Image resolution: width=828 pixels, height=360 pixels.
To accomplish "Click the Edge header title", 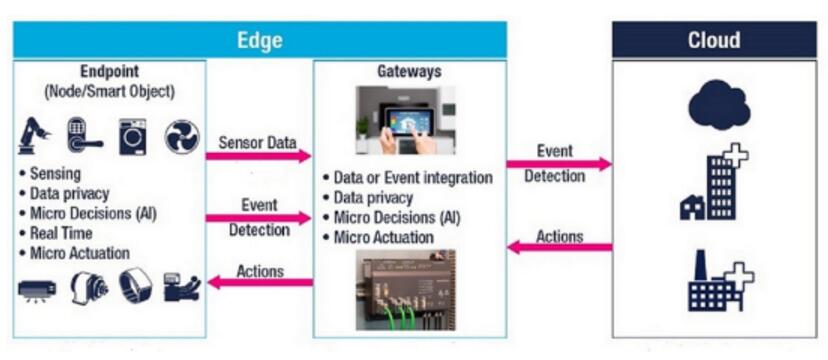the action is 259,40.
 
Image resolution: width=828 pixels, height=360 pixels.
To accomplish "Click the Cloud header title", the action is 713,40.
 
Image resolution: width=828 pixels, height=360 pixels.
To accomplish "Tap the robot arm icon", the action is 34,136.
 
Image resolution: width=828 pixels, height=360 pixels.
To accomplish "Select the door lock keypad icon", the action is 83,136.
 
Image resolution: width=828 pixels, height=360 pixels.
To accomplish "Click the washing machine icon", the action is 133,137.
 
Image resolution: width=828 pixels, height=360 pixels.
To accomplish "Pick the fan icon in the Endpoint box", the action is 182,137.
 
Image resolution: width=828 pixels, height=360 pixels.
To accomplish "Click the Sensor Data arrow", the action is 258,156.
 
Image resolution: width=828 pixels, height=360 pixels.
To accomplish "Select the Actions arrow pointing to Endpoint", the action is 260,282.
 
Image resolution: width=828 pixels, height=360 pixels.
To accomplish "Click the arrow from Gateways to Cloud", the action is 559,164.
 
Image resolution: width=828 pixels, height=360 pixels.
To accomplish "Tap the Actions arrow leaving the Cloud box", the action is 560,247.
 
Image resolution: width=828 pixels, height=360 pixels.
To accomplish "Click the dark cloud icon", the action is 719,103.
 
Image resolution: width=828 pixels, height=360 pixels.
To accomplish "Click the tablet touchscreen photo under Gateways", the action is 405,120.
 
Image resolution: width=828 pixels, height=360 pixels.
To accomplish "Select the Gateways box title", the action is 409,72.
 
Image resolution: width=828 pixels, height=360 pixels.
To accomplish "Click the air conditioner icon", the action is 37,289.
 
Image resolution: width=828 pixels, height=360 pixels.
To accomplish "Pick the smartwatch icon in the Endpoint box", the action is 135,286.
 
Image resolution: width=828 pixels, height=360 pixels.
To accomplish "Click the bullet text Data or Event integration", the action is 413,178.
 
